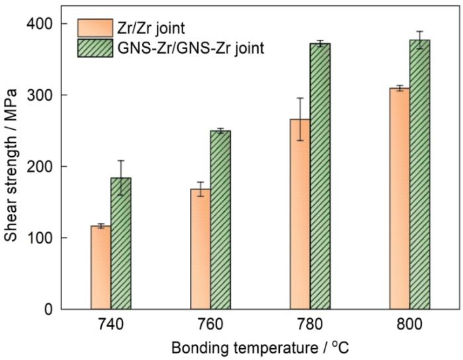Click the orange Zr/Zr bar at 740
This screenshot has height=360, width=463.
pos(101,267)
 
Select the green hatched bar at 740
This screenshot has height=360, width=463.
pos(121,244)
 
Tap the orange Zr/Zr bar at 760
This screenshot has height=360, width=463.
pos(200,249)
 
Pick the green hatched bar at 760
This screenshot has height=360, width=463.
pos(220,220)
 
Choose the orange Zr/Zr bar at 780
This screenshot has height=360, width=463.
pos(300,214)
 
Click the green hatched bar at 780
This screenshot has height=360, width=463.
pos(320,176)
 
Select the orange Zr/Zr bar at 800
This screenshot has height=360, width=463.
pos(400,199)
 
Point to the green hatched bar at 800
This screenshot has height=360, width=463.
pos(419,175)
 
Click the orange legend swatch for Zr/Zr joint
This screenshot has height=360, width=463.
pos(95,28)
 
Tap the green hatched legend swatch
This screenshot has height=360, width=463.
pos(95,48)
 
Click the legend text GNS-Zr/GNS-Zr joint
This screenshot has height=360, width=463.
pos(190,48)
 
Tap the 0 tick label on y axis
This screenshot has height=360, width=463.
pos(48,310)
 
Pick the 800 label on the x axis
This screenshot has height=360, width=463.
pos(409,324)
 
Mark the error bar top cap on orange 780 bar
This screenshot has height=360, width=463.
pos(300,98)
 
